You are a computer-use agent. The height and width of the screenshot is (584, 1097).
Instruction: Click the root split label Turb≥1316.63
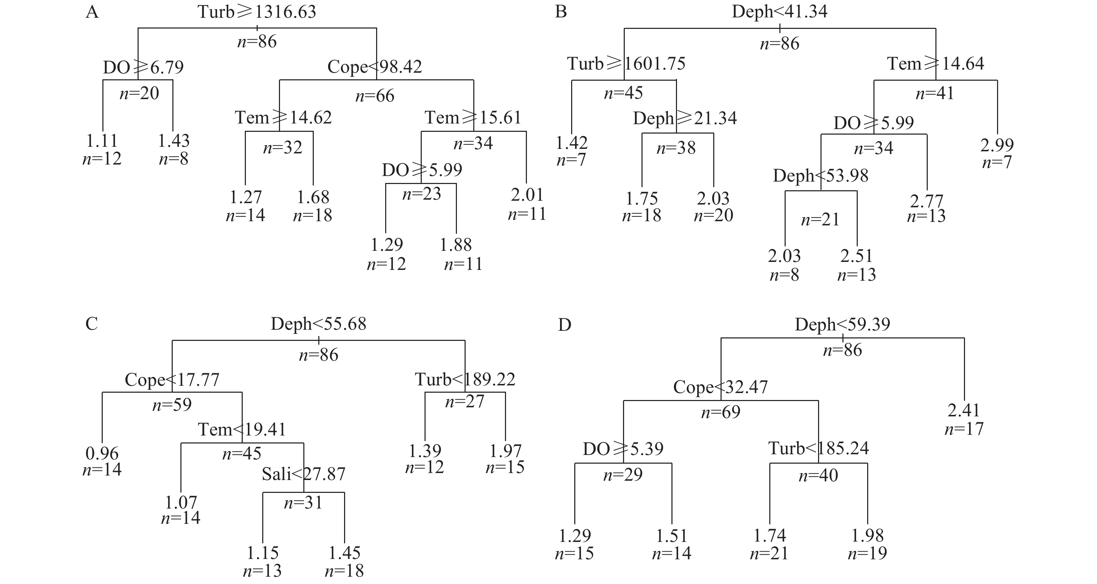[x=257, y=12]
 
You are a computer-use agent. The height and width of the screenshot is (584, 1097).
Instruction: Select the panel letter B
[x=561, y=12]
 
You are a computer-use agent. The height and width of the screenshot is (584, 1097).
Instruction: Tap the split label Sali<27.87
[x=303, y=474]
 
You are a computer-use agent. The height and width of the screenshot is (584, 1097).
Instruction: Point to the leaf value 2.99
[x=997, y=145]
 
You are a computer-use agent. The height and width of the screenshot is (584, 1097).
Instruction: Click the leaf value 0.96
[x=102, y=454]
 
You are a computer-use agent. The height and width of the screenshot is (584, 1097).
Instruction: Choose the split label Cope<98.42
[x=374, y=67]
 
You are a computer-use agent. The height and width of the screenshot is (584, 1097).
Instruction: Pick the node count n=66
[x=375, y=96]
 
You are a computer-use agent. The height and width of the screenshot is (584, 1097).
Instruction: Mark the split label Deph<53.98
[x=820, y=176]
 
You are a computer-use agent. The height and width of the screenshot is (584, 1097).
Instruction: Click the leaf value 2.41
[x=964, y=410]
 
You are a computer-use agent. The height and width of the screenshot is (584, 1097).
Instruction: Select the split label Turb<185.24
[x=818, y=448]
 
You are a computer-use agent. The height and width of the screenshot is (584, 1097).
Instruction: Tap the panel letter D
[x=564, y=325]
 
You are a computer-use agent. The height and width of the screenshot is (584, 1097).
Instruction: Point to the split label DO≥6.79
[x=143, y=67]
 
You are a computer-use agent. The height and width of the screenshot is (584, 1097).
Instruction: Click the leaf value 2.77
[x=926, y=201]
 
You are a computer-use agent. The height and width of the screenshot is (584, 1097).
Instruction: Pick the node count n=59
[x=172, y=405]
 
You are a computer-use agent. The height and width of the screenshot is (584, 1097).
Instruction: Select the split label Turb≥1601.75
[x=626, y=64]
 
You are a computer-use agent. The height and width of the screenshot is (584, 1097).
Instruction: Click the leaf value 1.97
[x=505, y=451]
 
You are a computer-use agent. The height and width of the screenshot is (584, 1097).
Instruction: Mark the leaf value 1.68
[x=313, y=197]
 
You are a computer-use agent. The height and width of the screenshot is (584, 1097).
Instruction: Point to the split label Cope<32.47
[x=720, y=387]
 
